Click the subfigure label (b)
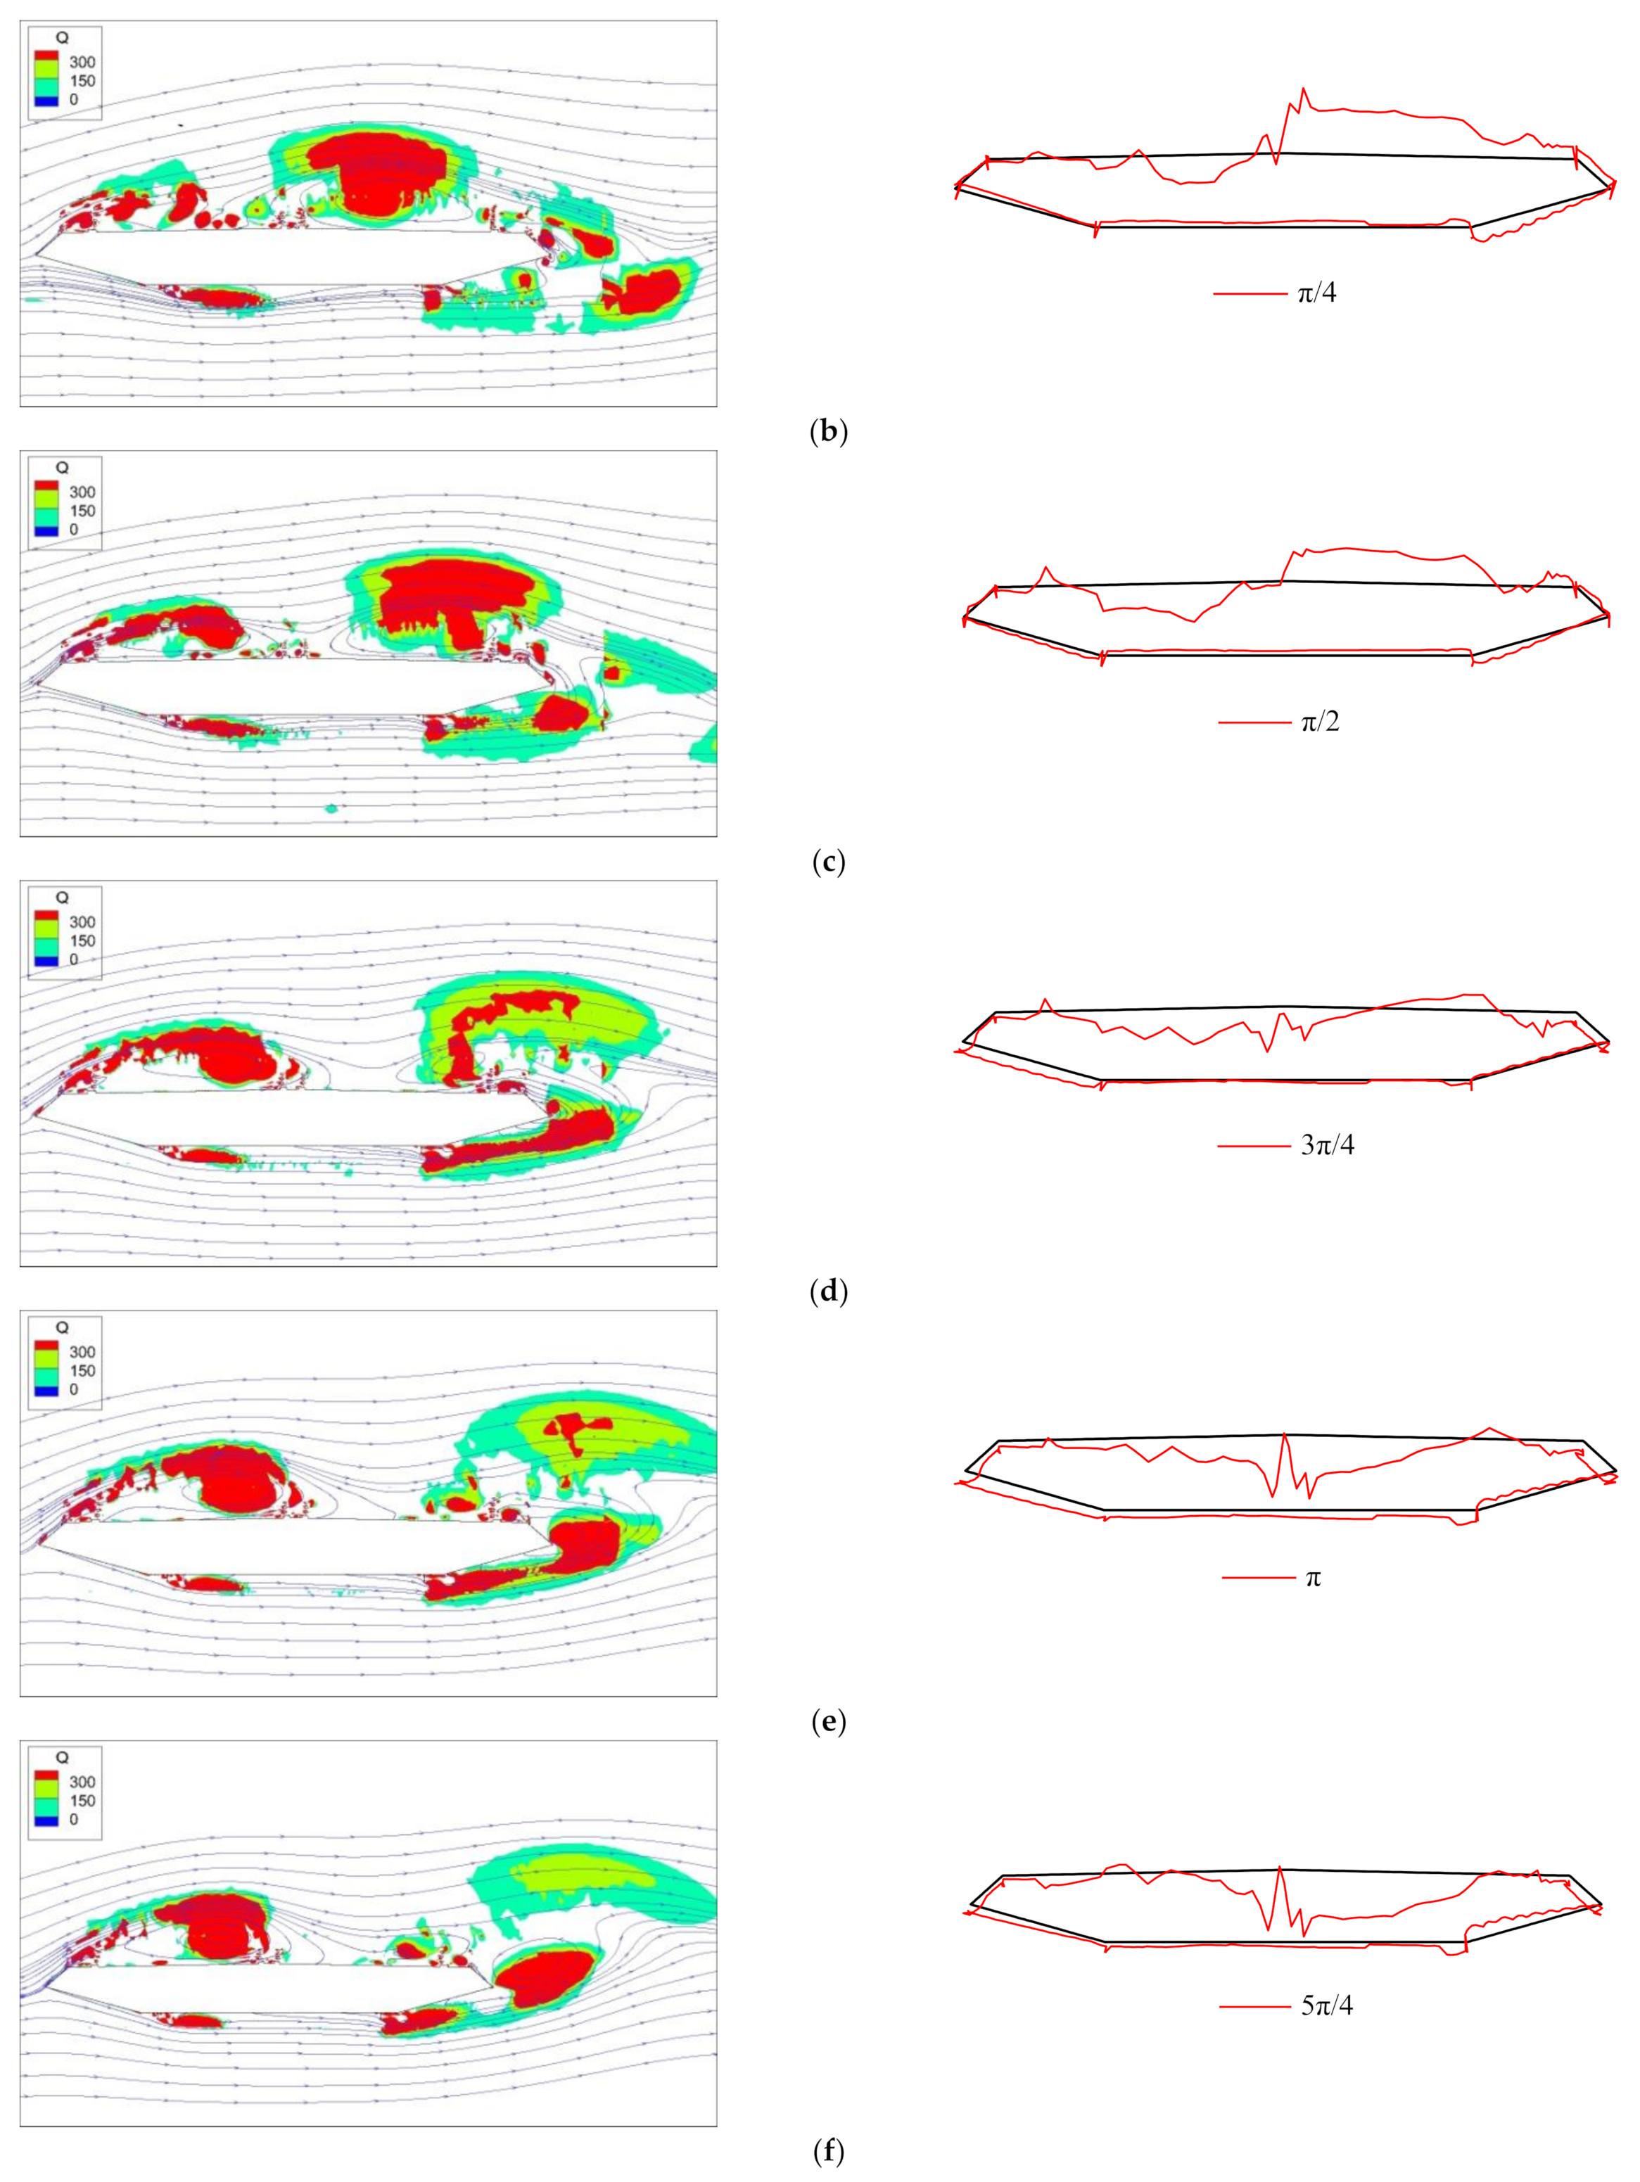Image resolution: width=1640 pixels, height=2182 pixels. [x=827, y=431]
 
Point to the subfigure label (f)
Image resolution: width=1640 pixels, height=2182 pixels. [x=827, y=2152]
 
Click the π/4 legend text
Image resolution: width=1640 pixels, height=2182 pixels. [x=1316, y=293]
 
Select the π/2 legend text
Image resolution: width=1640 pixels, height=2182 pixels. [x=1319, y=722]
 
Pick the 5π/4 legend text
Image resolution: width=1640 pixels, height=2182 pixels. [x=1326, y=2005]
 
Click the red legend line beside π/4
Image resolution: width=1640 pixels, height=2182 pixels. [x=1250, y=293]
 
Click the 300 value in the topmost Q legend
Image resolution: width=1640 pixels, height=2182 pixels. [x=82, y=62]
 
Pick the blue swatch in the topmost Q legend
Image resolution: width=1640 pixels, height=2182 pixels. [x=46, y=101]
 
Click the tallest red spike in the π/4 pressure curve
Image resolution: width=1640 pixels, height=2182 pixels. [x=1304, y=91]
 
